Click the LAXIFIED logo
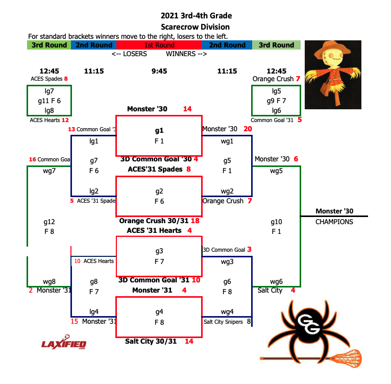64,344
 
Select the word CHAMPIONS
334,222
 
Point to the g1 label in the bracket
159,130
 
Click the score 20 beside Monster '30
248,129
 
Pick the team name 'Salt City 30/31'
151,341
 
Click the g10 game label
276,222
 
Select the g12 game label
49,222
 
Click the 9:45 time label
159,71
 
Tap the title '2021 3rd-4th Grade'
195,16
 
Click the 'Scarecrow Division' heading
195,27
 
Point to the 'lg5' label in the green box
276,91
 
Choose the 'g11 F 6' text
49,101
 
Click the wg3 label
227,261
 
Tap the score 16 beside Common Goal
32,159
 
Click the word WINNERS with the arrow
186,54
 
